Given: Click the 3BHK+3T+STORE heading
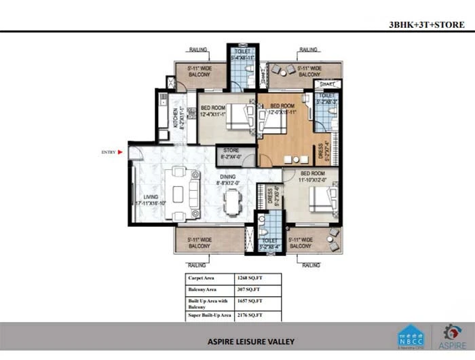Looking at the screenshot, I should point(426,24).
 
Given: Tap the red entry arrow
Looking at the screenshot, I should point(121,152).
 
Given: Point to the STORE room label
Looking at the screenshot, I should point(231,154).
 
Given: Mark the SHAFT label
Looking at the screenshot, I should point(326,84).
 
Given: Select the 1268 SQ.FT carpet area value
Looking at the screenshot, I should point(251,278).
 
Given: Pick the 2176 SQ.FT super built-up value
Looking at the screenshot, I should point(251,315).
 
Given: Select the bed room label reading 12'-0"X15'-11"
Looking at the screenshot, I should point(282,109).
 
